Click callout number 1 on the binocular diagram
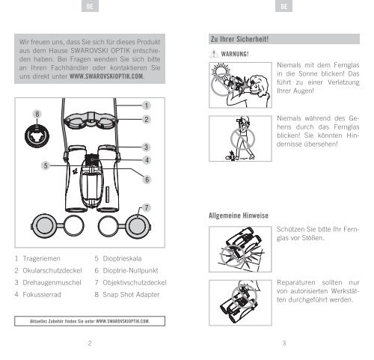click(147, 106)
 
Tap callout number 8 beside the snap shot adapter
click(37, 115)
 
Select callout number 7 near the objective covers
click(147, 208)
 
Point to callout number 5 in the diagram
click(46, 165)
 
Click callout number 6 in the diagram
click(147, 180)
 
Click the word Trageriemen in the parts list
click(41, 259)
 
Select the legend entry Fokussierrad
click(42, 295)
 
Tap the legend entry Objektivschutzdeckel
click(135, 283)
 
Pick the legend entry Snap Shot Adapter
click(131, 295)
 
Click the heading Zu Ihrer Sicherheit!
click(239, 39)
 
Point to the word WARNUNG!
click(235, 54)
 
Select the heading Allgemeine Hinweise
click(239, 216)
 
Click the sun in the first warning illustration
click(221, 70)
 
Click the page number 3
click(284, 344)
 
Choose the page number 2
click(90, 344)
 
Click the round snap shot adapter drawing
click(37, 136)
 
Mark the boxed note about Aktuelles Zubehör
click(90, 321)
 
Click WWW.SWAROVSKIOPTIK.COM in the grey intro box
click(107, 76)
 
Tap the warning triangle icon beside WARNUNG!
click(214, 54)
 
